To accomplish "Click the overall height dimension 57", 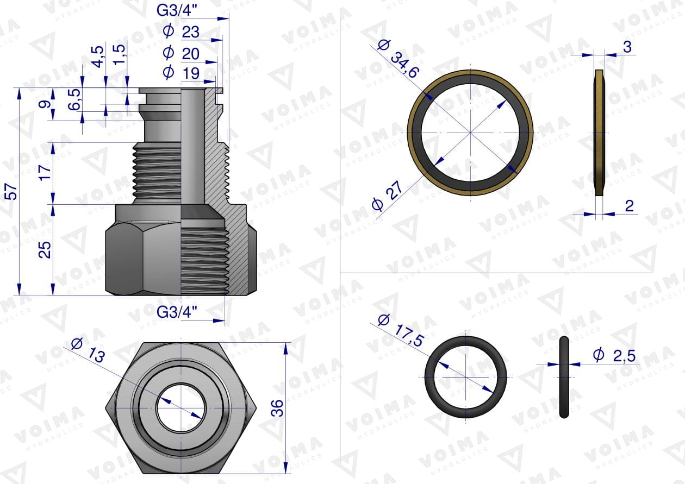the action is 12,191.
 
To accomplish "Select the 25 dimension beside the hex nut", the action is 45,250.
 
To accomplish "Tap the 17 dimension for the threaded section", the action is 45,172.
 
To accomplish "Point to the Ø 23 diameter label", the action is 182,32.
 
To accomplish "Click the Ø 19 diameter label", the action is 182,73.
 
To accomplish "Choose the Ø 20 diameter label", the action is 182,54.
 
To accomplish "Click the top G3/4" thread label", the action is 177,11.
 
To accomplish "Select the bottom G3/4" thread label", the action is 177,312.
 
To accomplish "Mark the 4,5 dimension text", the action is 98,56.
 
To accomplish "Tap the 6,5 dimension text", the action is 74,99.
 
